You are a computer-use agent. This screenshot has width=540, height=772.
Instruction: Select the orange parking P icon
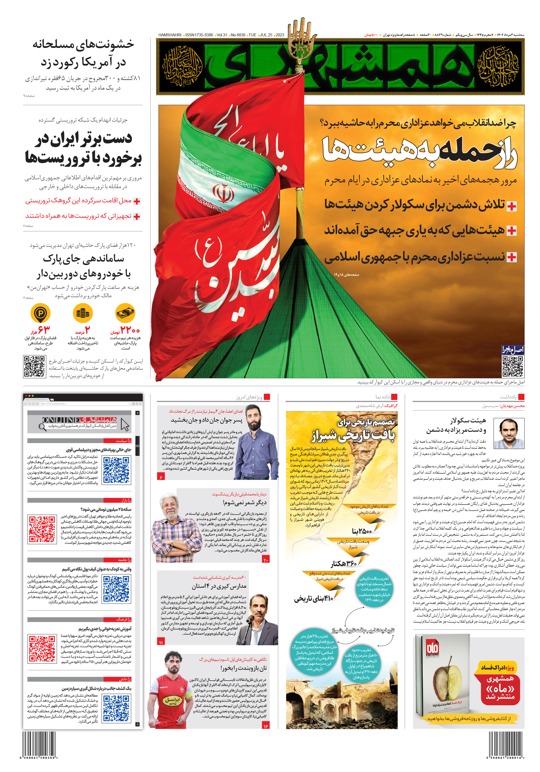(40, 313)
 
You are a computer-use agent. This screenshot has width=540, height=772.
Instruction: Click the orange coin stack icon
(83, 313)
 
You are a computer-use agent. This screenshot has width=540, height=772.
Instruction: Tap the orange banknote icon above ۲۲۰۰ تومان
(125, 313)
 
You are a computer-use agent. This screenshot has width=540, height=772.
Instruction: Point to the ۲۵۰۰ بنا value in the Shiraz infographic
(362, 532)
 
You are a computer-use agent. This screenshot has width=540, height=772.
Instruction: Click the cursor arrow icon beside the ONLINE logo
(125, 425)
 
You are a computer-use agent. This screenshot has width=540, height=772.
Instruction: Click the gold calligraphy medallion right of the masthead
(498, 66)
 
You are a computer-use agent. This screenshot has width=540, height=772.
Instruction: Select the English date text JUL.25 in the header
(266, 35)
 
